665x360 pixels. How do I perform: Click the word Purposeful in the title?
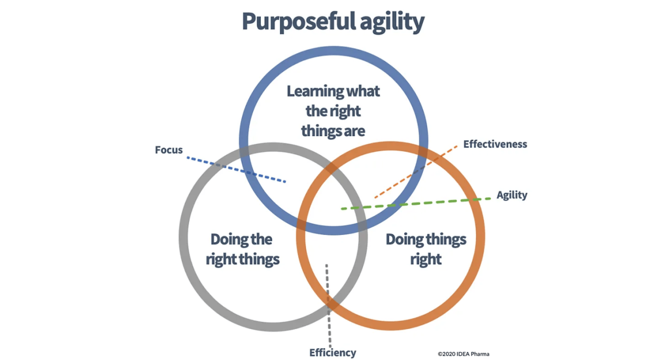pos(299,21)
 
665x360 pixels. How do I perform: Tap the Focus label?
pos(169,150)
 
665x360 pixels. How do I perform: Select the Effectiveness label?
pos(495,144)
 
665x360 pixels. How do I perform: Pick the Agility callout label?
pos(512,195)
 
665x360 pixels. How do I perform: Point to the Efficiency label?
pos(332,352)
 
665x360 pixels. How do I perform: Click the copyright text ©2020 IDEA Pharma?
pos(463,354)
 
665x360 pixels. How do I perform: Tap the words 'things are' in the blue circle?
pos(333,131)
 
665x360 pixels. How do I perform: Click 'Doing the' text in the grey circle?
pos(241,239)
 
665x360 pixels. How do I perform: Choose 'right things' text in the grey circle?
pos(243,259)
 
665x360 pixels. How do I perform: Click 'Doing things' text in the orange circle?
pos(426,239)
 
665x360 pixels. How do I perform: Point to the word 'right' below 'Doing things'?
pos(426,259)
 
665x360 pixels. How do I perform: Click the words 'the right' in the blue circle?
pos(333,111)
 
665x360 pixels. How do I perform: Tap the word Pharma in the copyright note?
pos(480,354)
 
